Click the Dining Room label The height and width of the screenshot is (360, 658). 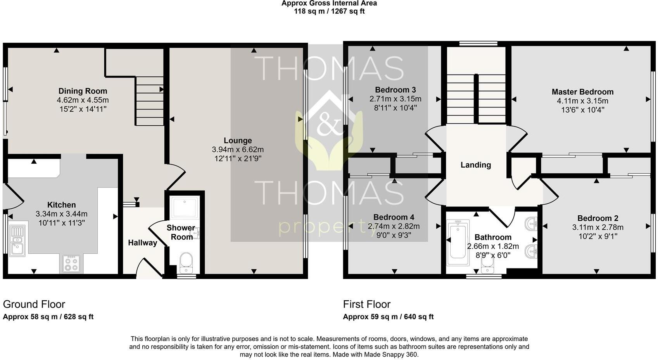coord(82,91)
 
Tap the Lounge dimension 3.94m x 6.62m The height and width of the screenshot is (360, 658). coord(238,150)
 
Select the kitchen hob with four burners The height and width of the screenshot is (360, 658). coord(71,263)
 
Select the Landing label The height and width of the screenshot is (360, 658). coord(475,165)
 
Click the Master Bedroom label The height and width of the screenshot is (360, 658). coord(582,92)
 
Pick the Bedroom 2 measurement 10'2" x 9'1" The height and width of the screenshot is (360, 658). coord(598,236)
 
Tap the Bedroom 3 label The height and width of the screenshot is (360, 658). coord(395,90)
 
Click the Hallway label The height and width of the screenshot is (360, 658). coord(142,243)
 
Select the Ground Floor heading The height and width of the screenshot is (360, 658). coord(34,304)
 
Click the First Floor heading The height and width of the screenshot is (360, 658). coord(366,304)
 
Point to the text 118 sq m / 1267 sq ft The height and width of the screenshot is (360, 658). coord(329,11)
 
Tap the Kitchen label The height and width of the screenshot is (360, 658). coord(61,205)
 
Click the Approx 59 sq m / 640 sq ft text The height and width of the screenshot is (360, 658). coord(388,317)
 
